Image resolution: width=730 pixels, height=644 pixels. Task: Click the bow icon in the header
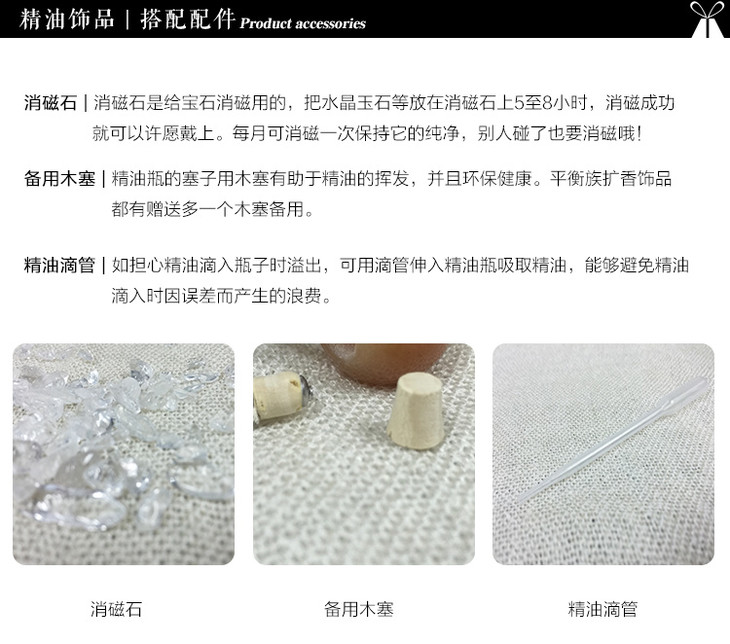[708, 19]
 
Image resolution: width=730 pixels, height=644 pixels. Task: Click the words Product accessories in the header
[303, 23]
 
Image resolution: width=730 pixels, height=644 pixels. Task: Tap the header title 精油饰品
[67, 20]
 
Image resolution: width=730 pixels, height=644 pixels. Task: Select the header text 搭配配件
[186, 20]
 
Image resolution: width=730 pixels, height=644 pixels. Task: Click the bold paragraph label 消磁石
[50, 102]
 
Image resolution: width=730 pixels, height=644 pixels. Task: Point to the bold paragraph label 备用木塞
[59, 179]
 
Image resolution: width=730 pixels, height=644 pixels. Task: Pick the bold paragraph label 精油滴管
[59, 265]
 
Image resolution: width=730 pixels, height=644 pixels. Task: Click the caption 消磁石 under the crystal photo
[116, 609]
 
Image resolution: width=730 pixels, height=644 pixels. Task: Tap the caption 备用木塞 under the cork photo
[358, 609]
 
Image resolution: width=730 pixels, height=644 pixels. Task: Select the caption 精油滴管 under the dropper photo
[602, 609]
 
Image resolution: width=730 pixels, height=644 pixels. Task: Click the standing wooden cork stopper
[416, 412]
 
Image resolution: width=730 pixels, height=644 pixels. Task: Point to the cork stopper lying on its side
[281, 398]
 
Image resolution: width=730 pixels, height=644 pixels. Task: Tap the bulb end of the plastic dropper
[689, 391]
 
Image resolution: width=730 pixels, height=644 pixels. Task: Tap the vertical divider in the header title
[127, 20]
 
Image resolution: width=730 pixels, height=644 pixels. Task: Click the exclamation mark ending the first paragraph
[640, 134]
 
